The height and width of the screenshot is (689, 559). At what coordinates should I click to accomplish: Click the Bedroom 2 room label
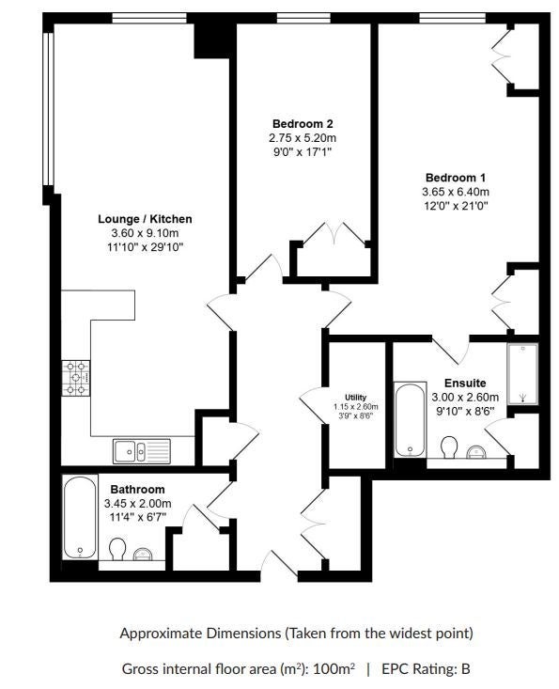[303, 123]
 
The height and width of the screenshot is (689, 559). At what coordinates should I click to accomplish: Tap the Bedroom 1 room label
[456, 178]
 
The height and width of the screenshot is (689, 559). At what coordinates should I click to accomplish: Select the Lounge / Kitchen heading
[145, 219]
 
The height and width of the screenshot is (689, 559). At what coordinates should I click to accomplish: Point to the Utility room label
[355, 398]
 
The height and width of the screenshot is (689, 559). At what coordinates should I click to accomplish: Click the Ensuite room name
[465, 383]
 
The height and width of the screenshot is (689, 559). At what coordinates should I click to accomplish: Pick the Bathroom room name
[137, 489]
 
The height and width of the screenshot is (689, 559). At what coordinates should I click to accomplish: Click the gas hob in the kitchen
[76, 378]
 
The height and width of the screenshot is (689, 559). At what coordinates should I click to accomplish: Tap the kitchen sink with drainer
[142, 451]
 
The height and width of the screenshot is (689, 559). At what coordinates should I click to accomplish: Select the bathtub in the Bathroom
[80, 517]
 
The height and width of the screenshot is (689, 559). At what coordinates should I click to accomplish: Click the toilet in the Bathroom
[117, 549]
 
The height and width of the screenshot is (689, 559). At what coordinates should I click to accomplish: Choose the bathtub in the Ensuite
[411, 420]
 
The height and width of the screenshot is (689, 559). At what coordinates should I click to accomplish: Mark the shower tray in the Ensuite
[522, 374]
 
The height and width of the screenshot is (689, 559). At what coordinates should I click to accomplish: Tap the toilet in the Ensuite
[449, 446]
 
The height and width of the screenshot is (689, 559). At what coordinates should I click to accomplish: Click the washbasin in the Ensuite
[475, 452]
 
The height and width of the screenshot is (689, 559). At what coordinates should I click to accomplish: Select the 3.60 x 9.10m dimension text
[145, 233]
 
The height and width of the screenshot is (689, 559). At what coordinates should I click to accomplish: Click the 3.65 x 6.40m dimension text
[456, 192]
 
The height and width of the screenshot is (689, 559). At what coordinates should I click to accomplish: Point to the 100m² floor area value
[334, 668]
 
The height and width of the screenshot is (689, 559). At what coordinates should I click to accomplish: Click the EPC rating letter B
[465, 669]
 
